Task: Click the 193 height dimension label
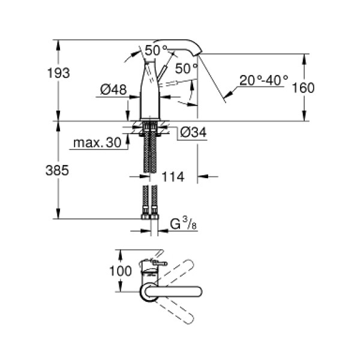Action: [x=58, y=73]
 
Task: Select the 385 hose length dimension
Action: [x=58, y=170]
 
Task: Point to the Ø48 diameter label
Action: [x=113, y=90]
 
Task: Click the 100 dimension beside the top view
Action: [x=121, y=271]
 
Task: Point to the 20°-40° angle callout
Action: [x=263, y=79]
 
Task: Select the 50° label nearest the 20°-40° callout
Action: [x=187, y=68]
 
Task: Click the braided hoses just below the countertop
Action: [x=149, y=150]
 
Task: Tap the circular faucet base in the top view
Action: [x=147, y=292]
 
